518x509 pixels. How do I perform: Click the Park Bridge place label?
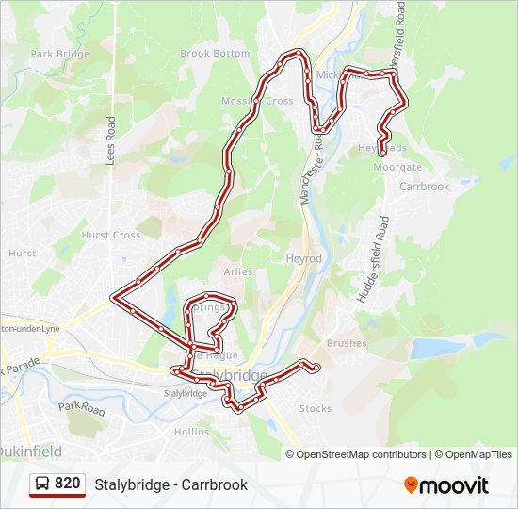59,54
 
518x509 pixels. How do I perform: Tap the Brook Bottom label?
215,54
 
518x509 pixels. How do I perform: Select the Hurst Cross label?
110,235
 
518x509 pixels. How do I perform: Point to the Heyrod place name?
303,258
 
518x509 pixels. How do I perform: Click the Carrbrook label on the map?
425,187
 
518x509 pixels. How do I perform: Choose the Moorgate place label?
397,167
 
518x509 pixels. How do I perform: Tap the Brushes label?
346,343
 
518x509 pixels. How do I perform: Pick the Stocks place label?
316,408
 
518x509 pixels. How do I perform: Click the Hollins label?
191,432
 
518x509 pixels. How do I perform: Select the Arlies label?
237,271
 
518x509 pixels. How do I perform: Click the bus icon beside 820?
42,484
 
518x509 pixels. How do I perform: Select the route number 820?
67,484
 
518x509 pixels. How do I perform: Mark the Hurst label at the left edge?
22,253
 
